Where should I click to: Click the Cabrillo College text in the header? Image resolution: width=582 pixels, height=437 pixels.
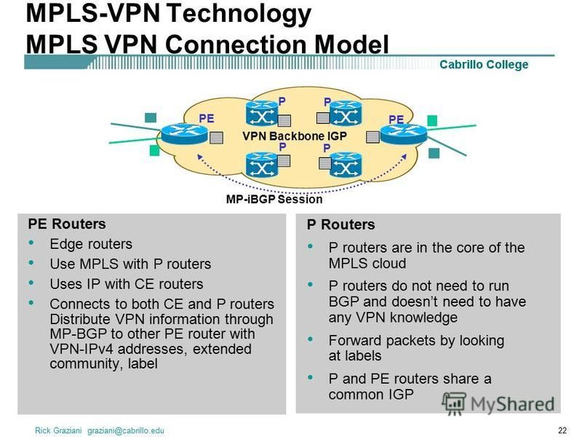484,65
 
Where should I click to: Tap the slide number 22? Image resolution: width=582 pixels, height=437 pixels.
562,430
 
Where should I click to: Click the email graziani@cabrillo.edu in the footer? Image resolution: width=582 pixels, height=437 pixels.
125,430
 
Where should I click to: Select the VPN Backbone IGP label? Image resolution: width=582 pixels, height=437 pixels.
295,136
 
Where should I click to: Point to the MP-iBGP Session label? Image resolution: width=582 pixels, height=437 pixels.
274,199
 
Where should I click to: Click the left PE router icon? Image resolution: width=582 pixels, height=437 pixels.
185,134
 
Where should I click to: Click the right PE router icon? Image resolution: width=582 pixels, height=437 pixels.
404,134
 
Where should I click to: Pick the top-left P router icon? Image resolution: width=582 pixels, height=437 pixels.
262,113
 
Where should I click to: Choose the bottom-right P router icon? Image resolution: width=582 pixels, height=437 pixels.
346,165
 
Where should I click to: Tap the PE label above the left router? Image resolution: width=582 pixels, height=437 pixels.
207,119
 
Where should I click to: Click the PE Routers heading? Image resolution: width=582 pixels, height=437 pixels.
67,224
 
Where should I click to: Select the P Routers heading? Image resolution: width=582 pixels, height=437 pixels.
340,225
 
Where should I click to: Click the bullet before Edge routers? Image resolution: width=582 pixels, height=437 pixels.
31,243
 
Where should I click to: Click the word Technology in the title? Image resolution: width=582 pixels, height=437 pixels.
239,13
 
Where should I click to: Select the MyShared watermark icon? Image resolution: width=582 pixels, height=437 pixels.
454,403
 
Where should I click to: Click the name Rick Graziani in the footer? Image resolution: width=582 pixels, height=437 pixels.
58,430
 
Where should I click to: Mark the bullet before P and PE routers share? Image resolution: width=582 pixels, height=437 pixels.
311,377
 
